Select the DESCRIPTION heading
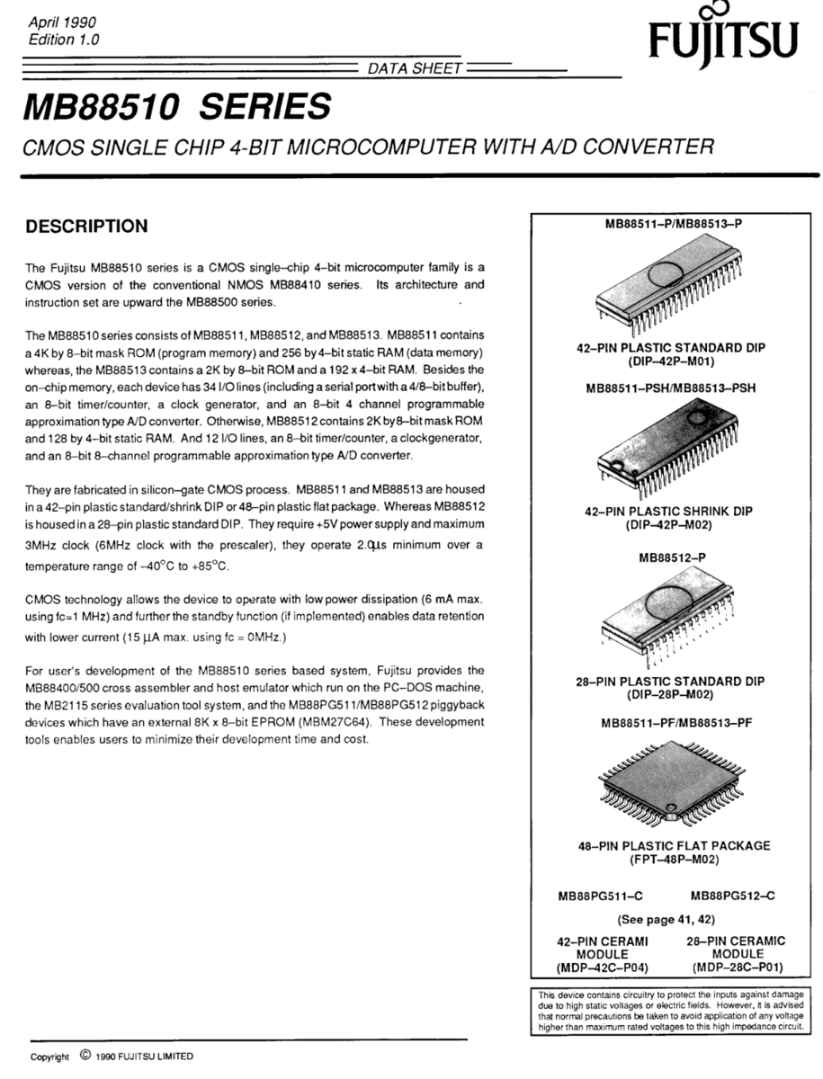[x=86, y=226]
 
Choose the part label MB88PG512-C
[x=733, y=896]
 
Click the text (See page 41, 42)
[x=673, y=920]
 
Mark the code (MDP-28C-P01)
[x=738, y=968]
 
